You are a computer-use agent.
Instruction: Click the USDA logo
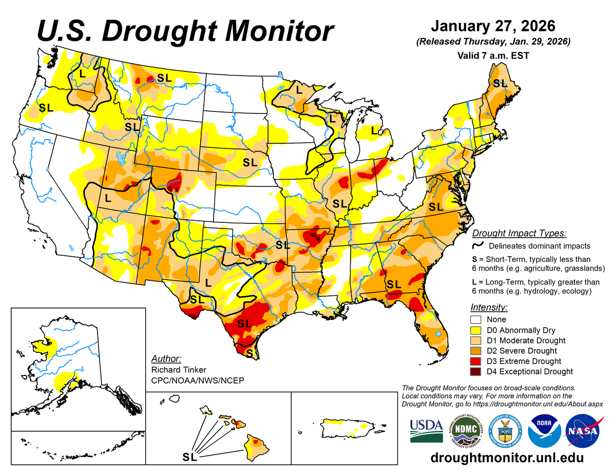(426, 430)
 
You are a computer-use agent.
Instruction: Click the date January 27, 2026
(492, 26)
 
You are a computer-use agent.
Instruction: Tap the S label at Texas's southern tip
(249, 353)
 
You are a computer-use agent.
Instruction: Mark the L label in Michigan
(374, 129)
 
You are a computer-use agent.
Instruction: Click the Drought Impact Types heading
(519, 233)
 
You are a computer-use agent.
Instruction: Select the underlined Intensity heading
(489, 308)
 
